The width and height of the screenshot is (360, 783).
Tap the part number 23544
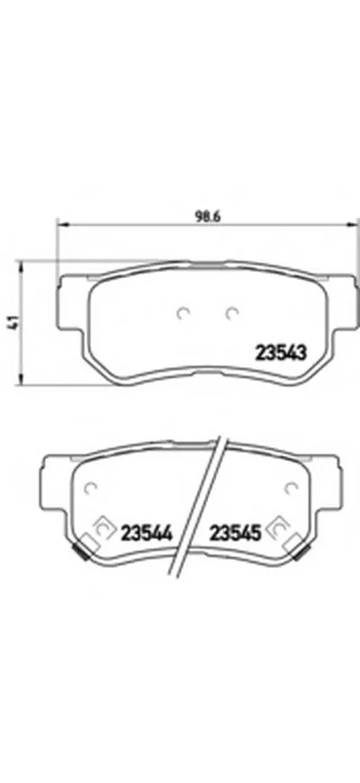tap(148, 532)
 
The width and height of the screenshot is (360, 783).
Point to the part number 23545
tap(236, 532)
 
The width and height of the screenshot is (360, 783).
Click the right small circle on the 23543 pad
tap(231, 313)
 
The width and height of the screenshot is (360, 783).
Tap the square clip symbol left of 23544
tap(102, 529)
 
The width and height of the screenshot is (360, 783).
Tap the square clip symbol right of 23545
tap(281, 529)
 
